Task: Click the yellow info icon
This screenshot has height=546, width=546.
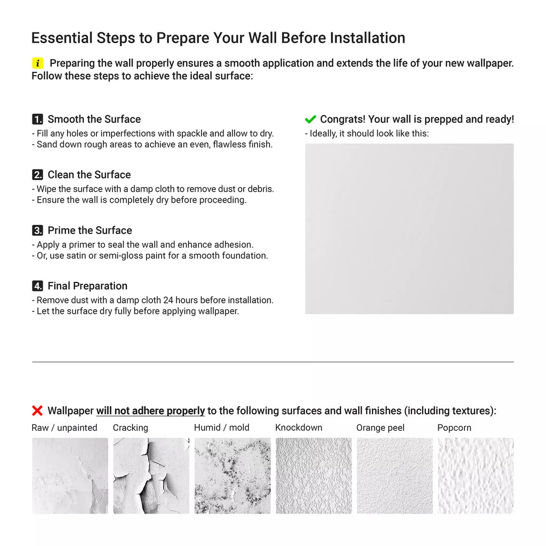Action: click(38, 63)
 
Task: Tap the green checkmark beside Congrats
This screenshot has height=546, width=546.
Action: click(310, 119)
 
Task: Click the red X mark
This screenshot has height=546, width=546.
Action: click(37, 411)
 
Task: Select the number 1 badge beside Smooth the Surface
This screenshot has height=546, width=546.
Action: click(38, 119)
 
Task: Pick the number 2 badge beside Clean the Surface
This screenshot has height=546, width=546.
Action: click(38, 174)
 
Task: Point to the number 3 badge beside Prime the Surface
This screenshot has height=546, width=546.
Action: click(38, 230)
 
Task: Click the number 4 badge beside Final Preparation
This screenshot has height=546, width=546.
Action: click(38, 286)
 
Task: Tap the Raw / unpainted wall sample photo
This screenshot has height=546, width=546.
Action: click(70, 476)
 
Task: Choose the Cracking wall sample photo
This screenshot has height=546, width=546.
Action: click(151, 476)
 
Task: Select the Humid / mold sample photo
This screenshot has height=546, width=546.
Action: click(232, 476)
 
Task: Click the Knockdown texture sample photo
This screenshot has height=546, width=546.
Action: click(314, 476)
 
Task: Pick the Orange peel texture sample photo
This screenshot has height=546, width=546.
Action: click(395, 476)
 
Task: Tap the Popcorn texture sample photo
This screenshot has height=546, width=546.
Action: click(476, 476)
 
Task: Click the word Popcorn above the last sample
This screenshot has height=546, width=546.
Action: click(454, 428)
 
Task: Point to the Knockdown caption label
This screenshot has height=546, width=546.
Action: click(299, 427)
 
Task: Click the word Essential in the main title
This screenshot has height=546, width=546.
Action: click(62, 38)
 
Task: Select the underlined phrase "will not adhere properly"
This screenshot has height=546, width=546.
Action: click(150, 411)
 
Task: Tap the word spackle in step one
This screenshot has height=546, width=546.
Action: click(192, 134)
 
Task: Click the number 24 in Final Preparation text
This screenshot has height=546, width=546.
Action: click(168, 300)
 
